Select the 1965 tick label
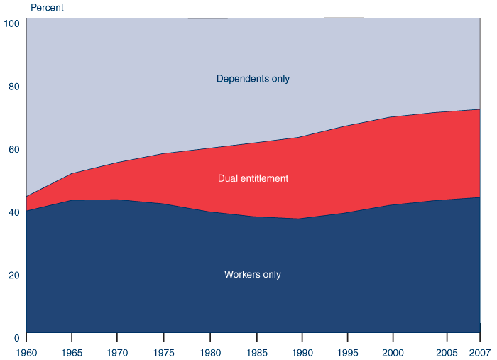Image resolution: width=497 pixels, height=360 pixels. (71, 352)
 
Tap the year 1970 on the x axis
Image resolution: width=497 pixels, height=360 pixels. (117, 352)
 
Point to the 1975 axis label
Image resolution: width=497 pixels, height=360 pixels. (163, 352)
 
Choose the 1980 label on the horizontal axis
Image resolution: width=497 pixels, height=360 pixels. (209, 352)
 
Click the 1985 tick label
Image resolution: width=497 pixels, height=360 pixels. (256, 352)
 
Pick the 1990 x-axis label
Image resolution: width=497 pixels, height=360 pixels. (302, 352)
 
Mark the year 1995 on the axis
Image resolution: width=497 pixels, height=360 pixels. (349, 352)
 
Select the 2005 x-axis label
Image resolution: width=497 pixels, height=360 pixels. (446, 352)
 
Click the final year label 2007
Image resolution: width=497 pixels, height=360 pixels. (480, 352)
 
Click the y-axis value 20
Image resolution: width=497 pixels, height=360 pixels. (11, 275)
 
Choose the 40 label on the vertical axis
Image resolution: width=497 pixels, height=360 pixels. (11, 212)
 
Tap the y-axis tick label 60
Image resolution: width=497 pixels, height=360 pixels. (11, 149)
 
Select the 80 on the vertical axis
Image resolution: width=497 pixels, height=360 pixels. (11, 87)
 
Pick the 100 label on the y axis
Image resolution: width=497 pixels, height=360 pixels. (11, 23)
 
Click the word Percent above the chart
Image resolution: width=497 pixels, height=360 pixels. (47, 8)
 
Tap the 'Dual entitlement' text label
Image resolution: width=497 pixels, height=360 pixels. (253, 178)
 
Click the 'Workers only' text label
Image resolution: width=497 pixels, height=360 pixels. (252, 275)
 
